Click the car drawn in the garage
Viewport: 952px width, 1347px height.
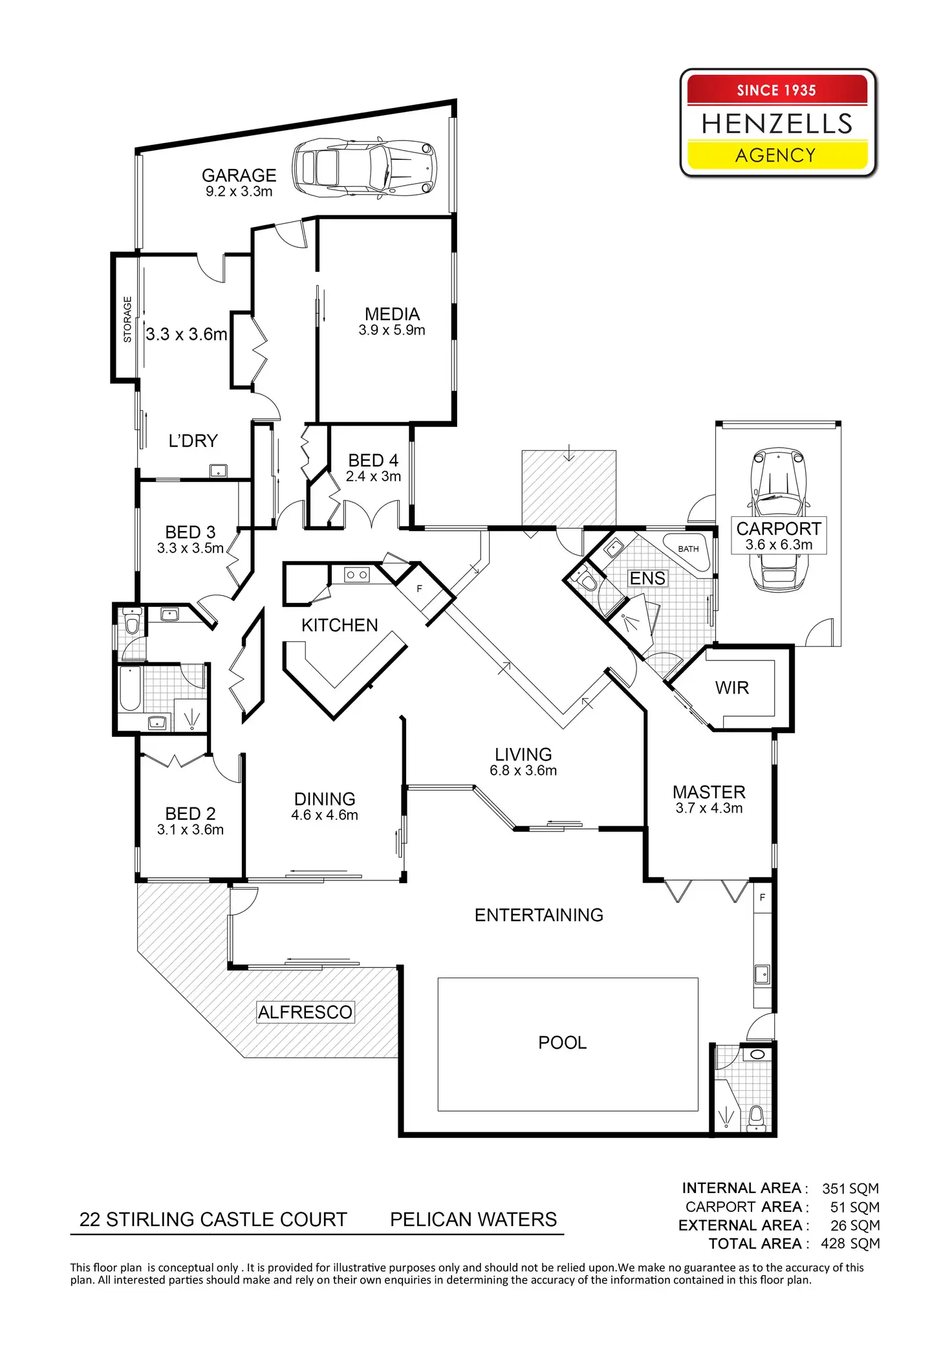click(364, 168)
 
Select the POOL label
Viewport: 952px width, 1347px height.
click(562, 1042)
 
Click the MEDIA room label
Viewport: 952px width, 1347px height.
click(392, 314)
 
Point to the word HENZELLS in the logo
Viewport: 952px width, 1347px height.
click(777, 124)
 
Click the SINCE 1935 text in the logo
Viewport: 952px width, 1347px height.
click(776, 91)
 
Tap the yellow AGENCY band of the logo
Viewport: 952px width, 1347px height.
click(776, 155)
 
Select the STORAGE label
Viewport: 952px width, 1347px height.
click(127, 319)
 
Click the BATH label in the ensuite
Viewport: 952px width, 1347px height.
click(688, 549)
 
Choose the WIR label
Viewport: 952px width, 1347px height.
click(731, 688)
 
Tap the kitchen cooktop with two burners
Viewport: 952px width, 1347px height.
click(356, 574)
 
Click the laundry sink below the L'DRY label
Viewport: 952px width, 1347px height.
click(218, 471)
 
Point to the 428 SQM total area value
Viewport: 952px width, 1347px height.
click(850, 1243)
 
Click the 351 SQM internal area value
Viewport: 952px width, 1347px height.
click(850, 1188)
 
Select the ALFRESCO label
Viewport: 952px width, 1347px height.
click(305, 1012)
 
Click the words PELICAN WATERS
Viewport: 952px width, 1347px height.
click(473, 1220)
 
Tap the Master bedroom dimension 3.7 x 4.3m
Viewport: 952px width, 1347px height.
click(709, 808)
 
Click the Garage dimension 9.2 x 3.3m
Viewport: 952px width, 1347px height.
click(239, 192)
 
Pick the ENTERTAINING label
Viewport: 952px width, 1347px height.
click(539, 915)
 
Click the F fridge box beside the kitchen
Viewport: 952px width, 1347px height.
click(419, 589)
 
